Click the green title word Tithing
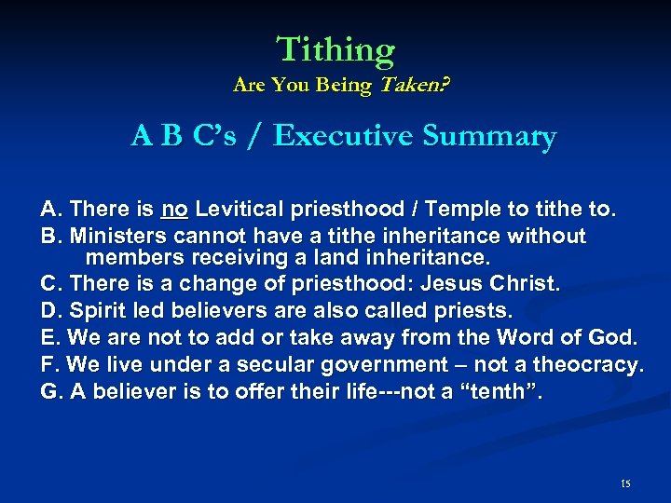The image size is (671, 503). coord(335,48)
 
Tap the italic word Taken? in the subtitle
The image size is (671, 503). coord(411,86)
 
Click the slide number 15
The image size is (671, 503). coord(624,483)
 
